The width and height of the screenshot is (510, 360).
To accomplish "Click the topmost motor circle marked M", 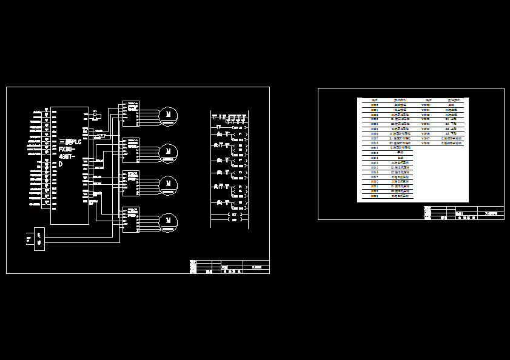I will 168,115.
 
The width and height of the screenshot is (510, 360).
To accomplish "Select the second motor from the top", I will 168,151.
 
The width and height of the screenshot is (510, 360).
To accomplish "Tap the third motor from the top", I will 168,184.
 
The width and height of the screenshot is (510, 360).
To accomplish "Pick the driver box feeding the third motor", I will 130,184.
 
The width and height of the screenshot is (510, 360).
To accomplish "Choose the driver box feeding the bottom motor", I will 130,219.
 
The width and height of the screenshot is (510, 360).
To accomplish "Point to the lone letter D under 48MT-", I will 61,164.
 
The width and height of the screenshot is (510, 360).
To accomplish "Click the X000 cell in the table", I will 375,105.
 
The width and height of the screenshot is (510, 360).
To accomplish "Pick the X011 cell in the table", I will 375,148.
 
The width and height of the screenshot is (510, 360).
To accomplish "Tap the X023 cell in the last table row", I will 375,197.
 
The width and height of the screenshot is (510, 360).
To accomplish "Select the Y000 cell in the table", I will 426,105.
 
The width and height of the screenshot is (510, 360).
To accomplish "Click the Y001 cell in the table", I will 426,110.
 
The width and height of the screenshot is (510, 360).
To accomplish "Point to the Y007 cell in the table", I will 426,139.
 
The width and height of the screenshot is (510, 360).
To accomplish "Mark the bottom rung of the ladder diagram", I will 229,220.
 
